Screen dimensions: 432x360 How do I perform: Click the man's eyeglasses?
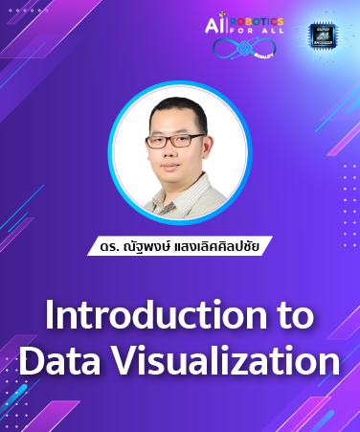point(178,141)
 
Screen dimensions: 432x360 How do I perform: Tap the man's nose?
point(179,151)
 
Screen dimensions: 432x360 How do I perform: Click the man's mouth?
point(179,166)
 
